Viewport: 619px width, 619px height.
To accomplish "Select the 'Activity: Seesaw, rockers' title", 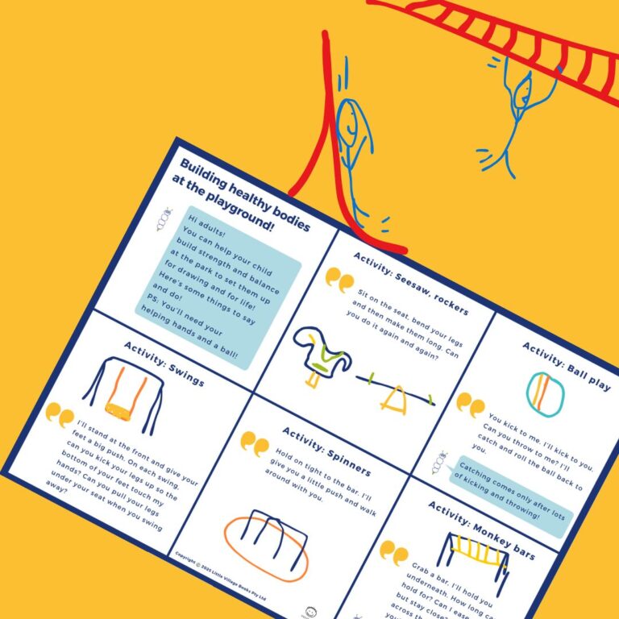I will click(410, 282).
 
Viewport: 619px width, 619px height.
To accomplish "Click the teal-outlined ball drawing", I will click(546, 392).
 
